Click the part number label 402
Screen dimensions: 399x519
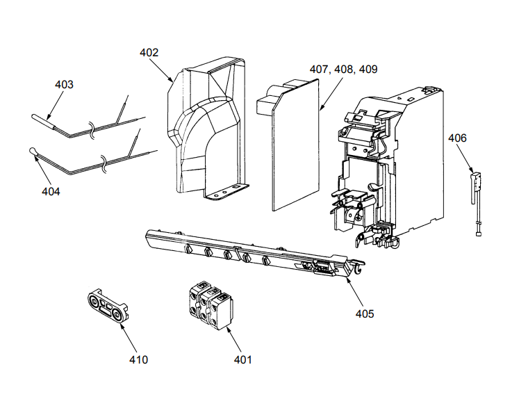[x=149, y=52]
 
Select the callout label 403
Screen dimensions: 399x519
[x=64, y=84]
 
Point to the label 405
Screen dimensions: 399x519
[x=364, y=313]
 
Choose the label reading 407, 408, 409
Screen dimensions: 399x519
[x=343, y=70]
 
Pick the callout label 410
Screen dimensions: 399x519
[x=138, y=359]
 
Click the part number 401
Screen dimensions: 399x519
[x=242, y=359]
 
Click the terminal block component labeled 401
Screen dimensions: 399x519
[x=209, y=304]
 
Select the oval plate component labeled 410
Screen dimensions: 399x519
[x=108, y=304]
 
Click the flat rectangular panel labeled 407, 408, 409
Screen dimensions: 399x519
[x=295, y=149]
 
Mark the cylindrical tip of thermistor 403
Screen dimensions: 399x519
[x=42, y=120]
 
